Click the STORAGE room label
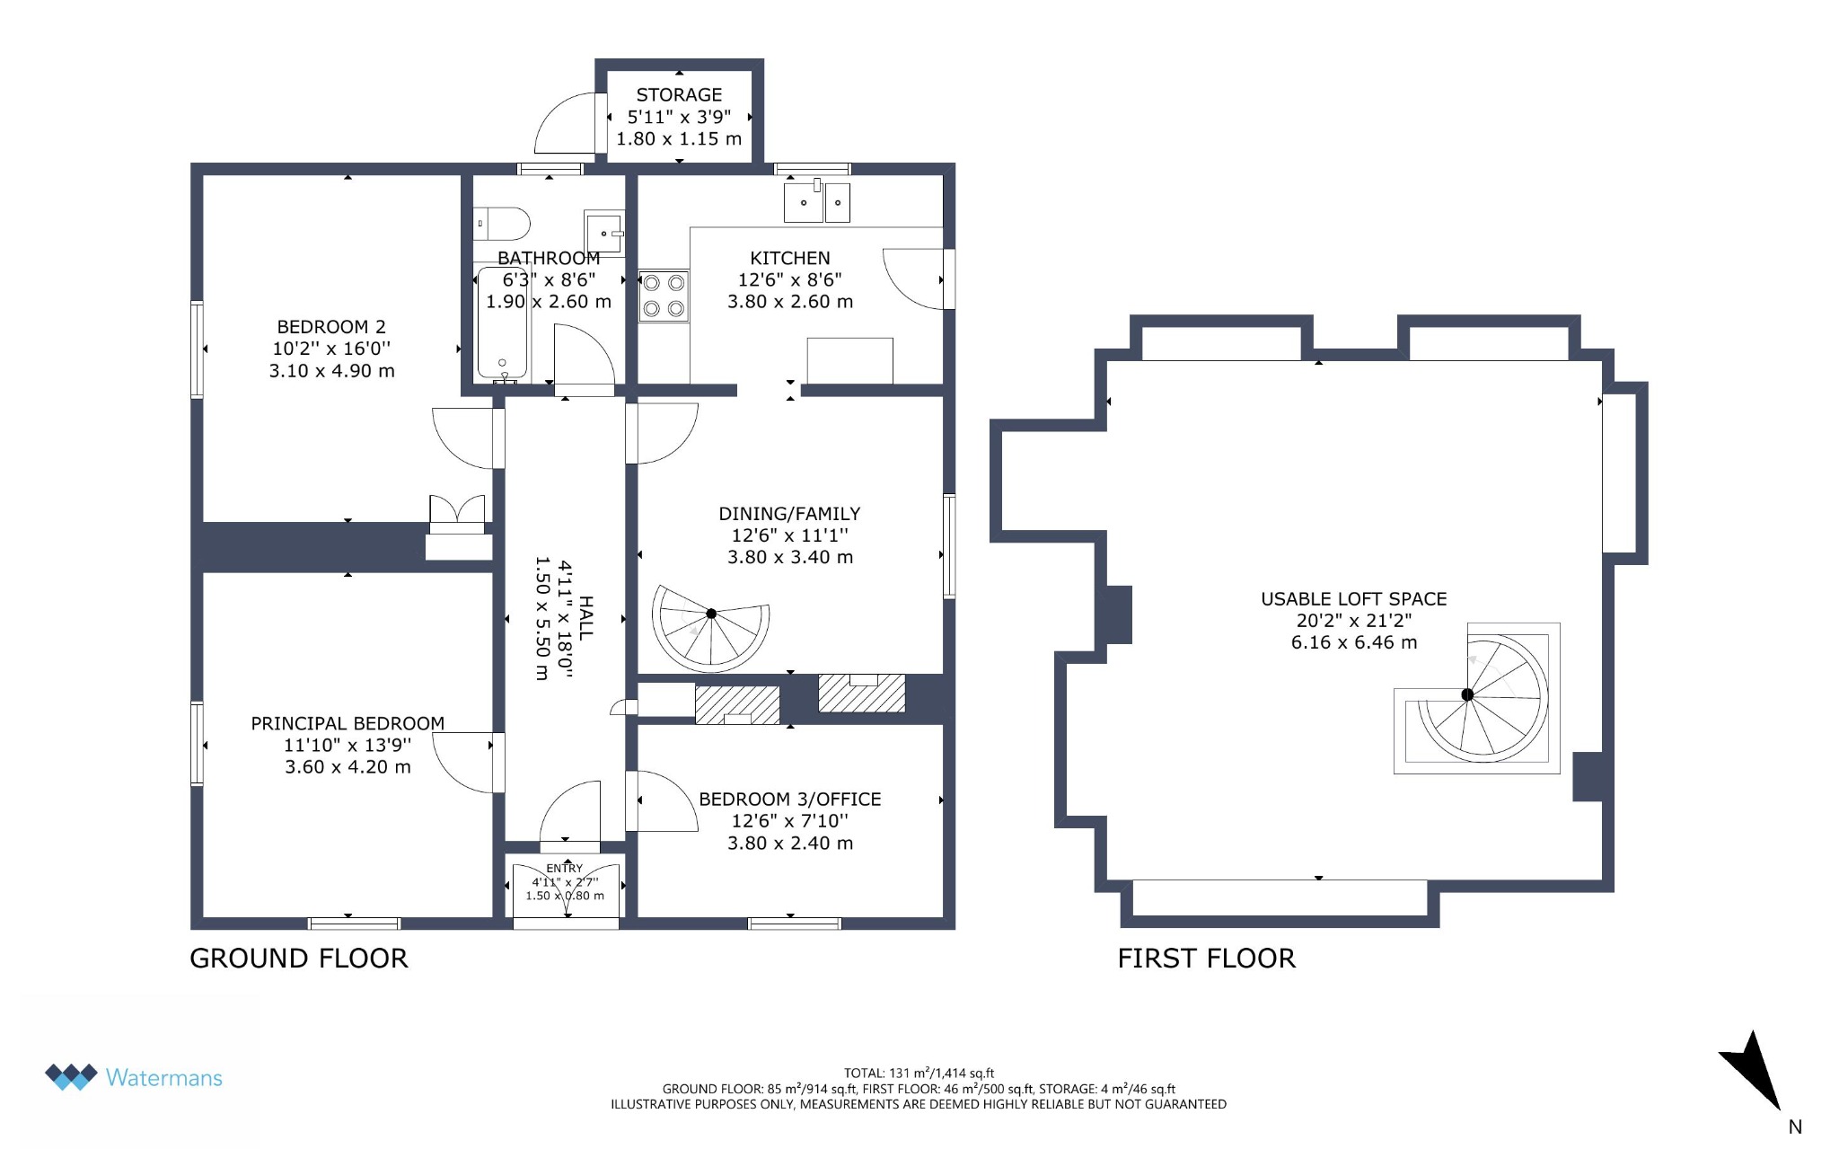pyautogui.click(x=679, y=94)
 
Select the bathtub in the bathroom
pyautogui.click(x=503, y=322)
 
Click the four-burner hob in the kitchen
pyautogui.click(x=664, y=296)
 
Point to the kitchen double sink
pyautogui.click(x=817, y=201)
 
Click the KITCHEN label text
pyautogui.click(x=790, y=258)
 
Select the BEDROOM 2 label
pyautogui.click(x=331, y=327)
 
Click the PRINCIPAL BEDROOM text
pyautogui.click(x=348, y=723)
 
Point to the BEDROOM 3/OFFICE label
pyautogui.click(x=790, y=799)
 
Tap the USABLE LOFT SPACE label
pyautogui.click(x=1354, y=599)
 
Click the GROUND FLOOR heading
pyautogui.click(x=299, y=959)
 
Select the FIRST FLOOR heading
pyautogui.click(x=1207, y=959)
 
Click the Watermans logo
pyautogui.click(x=134, y=1077)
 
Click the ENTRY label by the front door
pyautogui.click(x=565, y=868)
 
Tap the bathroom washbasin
pyautogui.click(x=604, y=233)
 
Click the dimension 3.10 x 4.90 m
pyautogui.click(x=331, y=370)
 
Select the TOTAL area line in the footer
pyautogui.click(x=919, y=1073)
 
